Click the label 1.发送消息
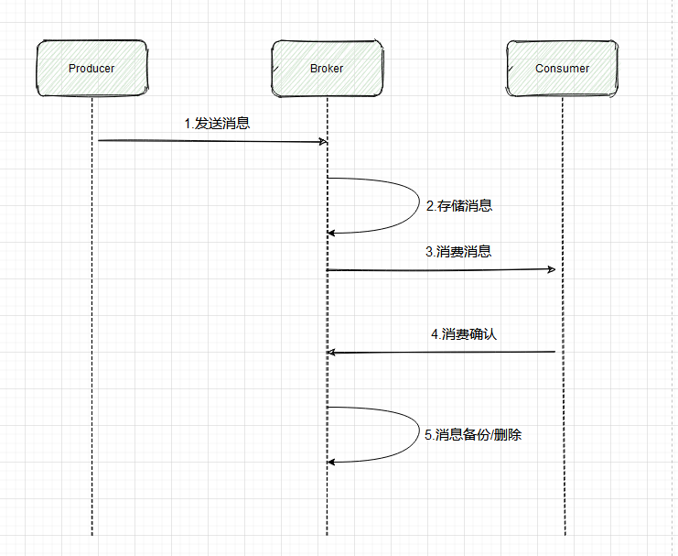217,124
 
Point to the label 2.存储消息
459,206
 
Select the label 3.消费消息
458,252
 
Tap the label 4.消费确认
464,334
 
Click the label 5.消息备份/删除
473,435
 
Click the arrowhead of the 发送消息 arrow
323,141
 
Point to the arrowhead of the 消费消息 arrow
552,269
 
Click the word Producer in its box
91,68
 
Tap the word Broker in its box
327,68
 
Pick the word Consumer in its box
562,68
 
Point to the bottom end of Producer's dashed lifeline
92,534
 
